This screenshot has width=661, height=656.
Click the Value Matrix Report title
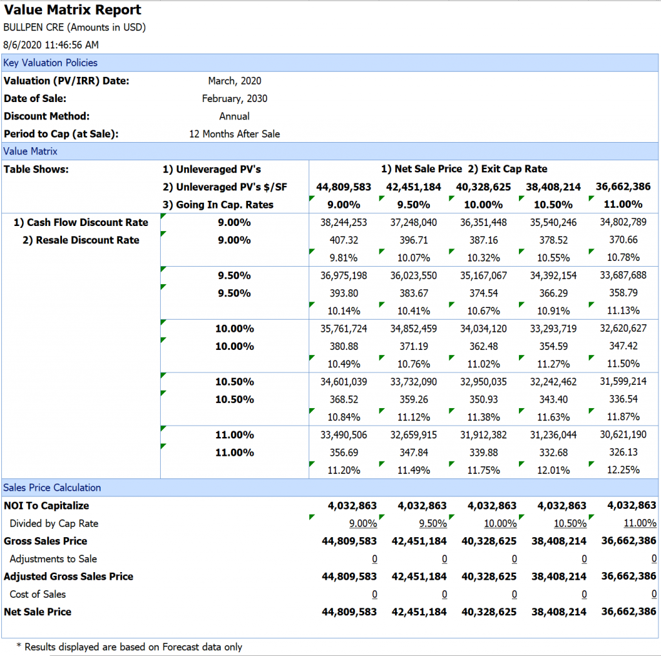pos(72,10)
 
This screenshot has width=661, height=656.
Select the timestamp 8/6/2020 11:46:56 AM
pos(51,45)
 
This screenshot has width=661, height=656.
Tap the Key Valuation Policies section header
pos(50,63)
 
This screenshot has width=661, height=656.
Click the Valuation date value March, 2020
pos(234,81)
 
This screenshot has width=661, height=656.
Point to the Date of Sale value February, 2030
pos(234,99)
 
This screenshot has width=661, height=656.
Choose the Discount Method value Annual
pos(234,116)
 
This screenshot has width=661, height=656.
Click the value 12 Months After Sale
pos(234,134)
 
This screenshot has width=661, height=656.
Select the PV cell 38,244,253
pos(343,223)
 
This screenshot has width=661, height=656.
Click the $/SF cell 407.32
pos(343,240)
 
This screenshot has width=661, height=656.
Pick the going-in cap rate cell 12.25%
pos(623,470)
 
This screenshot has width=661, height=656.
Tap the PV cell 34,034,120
pos(483,329)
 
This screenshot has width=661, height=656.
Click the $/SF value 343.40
pos(553,400)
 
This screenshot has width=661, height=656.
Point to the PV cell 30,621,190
pos(623,435)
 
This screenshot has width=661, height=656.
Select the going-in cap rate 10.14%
pos(343,311)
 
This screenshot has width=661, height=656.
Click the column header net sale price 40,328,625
pos(483,187)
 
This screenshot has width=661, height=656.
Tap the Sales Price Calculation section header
pos(52,487)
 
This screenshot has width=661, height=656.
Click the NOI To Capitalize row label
pos(46,506)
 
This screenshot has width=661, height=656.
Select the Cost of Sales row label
pos(37,595)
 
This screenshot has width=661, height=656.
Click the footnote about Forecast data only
pos(129,647)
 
